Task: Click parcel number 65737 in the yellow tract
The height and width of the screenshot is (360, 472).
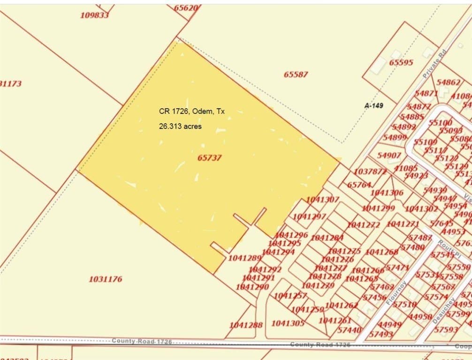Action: coord(209,158)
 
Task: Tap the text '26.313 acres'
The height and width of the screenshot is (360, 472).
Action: coord(180,126)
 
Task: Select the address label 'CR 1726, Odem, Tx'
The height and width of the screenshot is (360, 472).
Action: coord(192,112)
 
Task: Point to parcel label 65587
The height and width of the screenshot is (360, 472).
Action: coord(296,74)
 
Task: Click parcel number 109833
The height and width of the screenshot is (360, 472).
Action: coord(94,15)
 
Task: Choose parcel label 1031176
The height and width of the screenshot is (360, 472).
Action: coord(106,279)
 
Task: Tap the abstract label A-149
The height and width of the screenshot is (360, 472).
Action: coord(373,106)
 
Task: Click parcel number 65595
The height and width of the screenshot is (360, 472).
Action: coord(401,62)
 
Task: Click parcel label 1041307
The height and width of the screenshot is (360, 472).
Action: coord(323,200)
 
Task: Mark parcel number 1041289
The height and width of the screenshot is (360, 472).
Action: coord(244,258)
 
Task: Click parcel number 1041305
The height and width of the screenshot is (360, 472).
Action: coord(288,323)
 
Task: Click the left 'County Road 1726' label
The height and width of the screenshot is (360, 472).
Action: coord(142,341)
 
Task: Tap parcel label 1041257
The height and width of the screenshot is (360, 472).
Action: coord(290,295)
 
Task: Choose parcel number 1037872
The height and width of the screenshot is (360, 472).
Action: coord(370,172)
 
